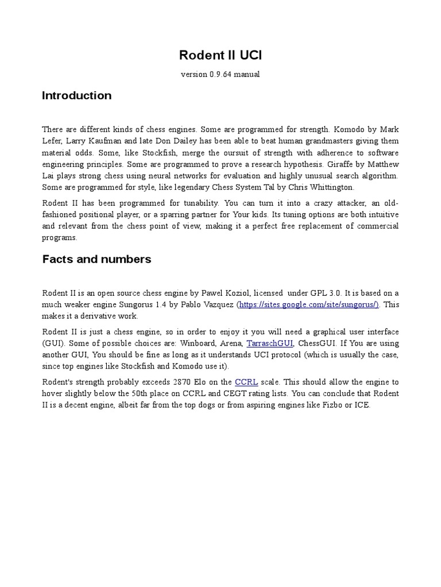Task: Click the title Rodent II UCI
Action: tap(220, 55)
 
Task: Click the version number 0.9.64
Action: tap(211, 75)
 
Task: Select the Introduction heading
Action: tap(76, 96)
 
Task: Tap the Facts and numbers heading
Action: tap(96, 259)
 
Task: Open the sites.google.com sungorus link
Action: tap(308, 304)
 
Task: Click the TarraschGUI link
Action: tap(270, 343)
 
